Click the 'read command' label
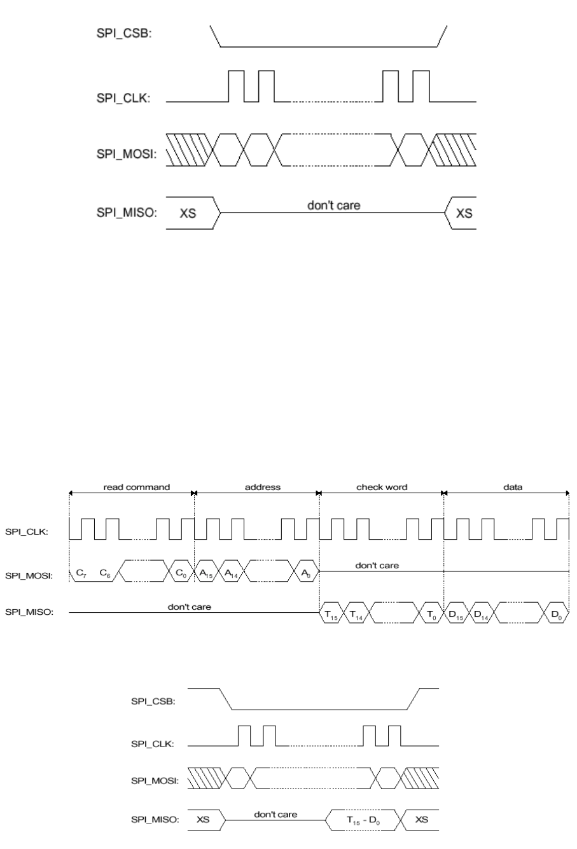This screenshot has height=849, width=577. pyautogui.click(x=136, y=487)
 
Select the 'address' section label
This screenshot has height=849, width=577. pyautogui.click(x=263, y=487)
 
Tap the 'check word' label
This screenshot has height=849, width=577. pyautogui.click(x=382, y=487)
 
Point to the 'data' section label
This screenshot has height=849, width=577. pyautogui.click(x=513, y=487)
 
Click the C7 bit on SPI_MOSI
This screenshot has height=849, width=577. pyautogui.click(x=81, y=573)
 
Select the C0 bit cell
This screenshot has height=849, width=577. pyautogui.click(x=181, y=573)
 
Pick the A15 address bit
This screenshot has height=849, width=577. pyautogui.click(x=206, y=573)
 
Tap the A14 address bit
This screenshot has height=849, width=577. pyautogui.click(x=231, y=573)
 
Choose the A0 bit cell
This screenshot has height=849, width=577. pyautogui.click(x=306, y=573)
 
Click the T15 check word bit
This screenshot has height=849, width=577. pyautogui.click(x=331, y=614)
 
